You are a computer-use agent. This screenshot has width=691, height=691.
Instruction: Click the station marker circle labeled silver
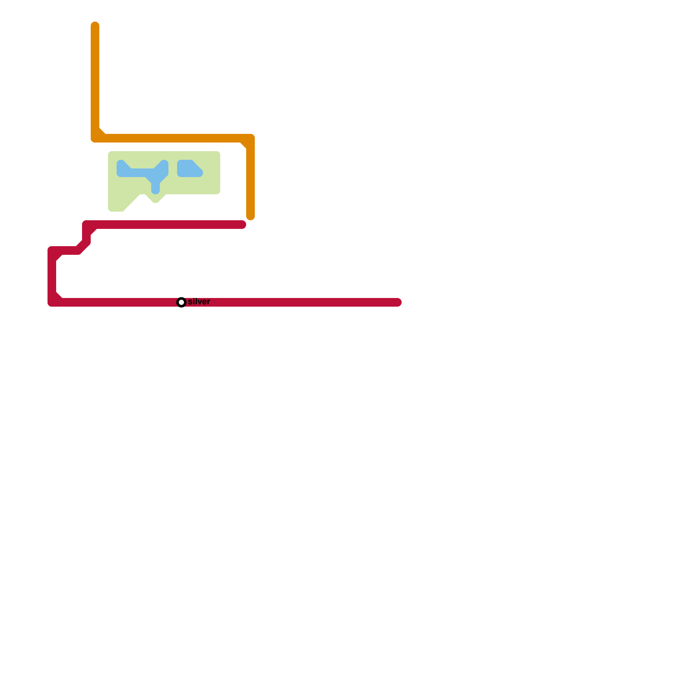click(x=181, y=302)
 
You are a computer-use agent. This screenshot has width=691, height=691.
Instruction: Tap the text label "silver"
click(x=199, y=301)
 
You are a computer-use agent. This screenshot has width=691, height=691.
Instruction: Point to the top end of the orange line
click(x=95, y=25)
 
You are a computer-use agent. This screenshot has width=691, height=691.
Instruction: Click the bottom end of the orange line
click(x=250, y=216)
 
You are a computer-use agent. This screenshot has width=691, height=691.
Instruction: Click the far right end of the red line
click(x=398, y=302)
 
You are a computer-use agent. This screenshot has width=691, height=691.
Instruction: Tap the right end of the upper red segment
click(x=242, y=225)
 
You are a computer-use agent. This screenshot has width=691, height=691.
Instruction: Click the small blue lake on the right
click(x=188, y=169)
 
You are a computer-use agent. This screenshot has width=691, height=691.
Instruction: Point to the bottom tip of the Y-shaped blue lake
click(x=155, y=190)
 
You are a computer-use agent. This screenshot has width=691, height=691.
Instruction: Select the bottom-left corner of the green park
click(x=111, y=209)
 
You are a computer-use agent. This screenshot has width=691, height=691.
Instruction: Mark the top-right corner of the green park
click(x=218, y=154)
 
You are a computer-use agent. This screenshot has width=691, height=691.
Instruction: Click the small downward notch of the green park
click(x=155, y=200)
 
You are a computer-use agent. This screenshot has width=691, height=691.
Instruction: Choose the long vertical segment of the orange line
click(x=95, y=78)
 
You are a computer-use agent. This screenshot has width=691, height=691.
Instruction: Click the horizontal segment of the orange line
click(x=173, y=138)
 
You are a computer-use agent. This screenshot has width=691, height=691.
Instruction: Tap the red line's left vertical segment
click(x=52, y=276)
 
